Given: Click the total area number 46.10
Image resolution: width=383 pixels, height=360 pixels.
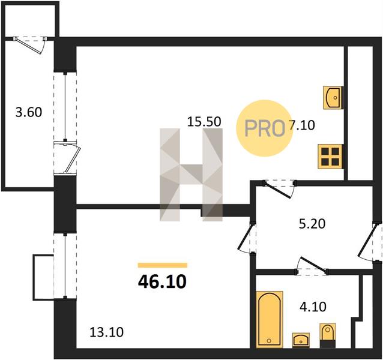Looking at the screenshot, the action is coord(162,281).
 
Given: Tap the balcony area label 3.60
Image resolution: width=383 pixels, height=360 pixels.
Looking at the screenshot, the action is coord(29,113).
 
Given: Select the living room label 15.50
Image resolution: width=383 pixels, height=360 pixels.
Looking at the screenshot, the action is coord(204,122).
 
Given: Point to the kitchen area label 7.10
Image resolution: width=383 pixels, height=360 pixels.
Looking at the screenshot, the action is coord(302,125).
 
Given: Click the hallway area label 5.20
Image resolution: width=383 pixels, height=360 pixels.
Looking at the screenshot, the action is coord(312,224).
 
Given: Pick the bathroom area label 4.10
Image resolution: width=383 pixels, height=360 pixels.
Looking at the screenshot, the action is coord(313,307).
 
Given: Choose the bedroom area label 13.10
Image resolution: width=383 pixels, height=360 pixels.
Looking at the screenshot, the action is coord(106,332).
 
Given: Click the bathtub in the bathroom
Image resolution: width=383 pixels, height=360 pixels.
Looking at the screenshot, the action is coord(270,319).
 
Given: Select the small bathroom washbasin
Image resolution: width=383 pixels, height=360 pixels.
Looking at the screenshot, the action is coord(301,340).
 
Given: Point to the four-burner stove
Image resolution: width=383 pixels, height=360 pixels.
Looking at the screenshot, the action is coord(330,156).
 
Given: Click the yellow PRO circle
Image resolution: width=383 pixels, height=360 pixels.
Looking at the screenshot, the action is coord(264,128).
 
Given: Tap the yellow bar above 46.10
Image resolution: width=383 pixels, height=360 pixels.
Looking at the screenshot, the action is coord(163,265).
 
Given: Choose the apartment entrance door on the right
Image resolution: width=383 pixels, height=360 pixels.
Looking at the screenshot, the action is coord(369,241).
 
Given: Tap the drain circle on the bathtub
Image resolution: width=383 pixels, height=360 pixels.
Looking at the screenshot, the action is coord(269,341).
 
